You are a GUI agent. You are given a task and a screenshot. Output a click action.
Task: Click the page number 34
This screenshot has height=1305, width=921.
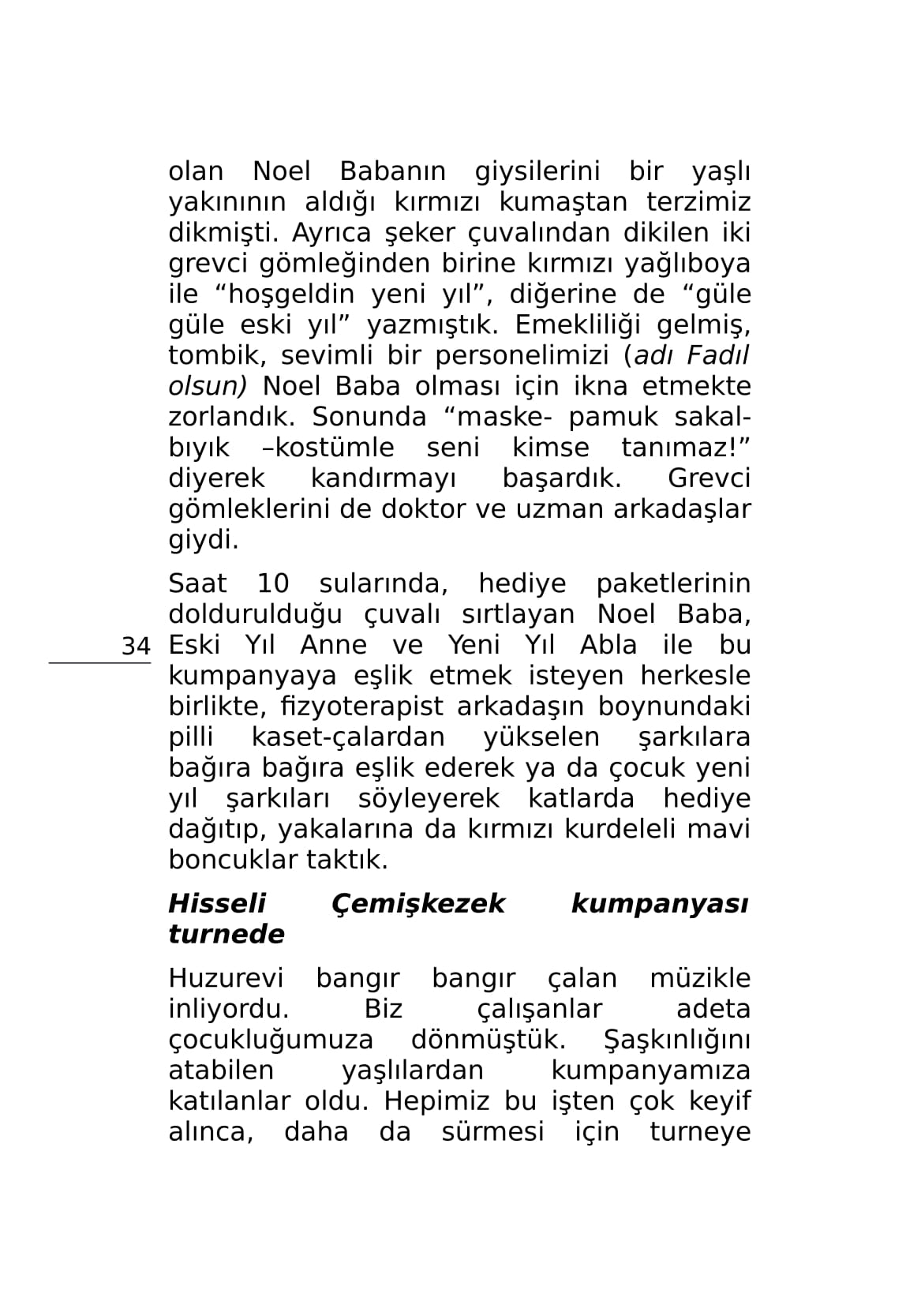[136, 647]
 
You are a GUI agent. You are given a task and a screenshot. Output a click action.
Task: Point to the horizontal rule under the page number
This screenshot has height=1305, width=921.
[99, 663]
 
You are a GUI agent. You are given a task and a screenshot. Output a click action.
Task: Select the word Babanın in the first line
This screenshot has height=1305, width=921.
[392, 171]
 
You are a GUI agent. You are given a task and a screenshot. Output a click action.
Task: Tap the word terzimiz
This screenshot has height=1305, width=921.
[698, 202]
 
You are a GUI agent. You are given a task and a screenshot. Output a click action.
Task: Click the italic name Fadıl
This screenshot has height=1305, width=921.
[717, 356]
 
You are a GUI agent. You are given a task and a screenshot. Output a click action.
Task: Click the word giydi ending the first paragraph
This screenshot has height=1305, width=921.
[203, 541]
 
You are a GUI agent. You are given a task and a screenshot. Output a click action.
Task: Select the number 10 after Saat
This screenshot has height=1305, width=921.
[273, 584]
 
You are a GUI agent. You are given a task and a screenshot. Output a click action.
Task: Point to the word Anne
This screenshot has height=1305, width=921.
[333, 646]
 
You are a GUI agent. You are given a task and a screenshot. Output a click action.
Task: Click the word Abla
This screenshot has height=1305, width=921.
[608, 646]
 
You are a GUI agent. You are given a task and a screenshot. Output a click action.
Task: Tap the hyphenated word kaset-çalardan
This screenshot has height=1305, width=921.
[348, 737]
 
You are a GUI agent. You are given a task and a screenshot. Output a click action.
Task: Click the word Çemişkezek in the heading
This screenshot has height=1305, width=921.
[418, 903]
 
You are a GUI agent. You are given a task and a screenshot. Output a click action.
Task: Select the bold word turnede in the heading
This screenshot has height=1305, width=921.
[227, 935]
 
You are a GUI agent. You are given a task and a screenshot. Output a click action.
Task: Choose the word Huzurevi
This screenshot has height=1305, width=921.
[226, 979]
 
